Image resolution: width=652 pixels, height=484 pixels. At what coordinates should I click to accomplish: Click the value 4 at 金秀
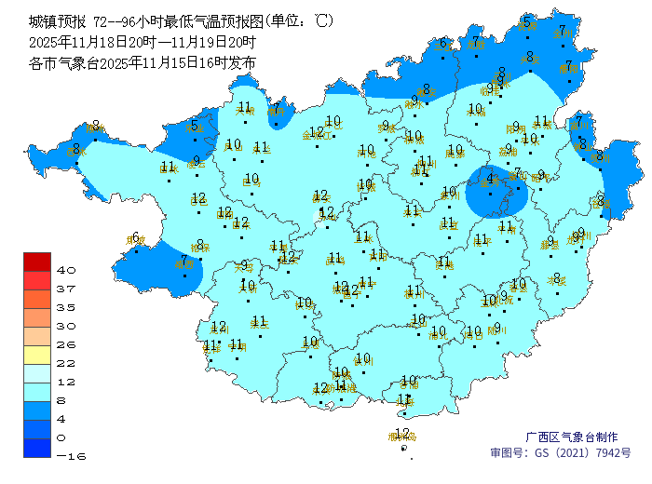click(x=490, y=178)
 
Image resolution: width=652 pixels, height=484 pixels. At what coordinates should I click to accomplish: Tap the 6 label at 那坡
click(x=136, y=237)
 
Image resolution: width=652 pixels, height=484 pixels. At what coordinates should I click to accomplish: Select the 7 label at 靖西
click(x=184, y=261)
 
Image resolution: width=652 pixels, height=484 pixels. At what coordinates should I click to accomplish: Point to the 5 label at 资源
click(x=527, y=20)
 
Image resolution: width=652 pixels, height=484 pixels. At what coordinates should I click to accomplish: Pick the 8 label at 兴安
click(x=529, y=57)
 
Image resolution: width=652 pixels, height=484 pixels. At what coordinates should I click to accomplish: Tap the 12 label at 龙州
click(x=219, y=327)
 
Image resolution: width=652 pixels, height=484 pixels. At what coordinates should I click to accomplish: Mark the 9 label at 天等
click(x=244, y=266)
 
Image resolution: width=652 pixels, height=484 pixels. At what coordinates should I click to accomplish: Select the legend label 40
click(x=66, y=270)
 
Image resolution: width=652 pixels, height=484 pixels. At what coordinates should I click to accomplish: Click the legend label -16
click(x=66, y=456)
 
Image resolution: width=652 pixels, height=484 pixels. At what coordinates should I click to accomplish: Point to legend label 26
click(x=66, y=344)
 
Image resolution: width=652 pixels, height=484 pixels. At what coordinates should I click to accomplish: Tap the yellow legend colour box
click(x=37, y=355)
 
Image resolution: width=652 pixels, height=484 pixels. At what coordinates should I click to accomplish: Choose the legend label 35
click(x=66, y=307)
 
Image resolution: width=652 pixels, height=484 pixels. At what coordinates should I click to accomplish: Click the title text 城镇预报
click(x=54, y=20)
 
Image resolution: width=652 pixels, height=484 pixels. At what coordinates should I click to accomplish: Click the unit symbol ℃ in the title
click(x=321, y=20)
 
